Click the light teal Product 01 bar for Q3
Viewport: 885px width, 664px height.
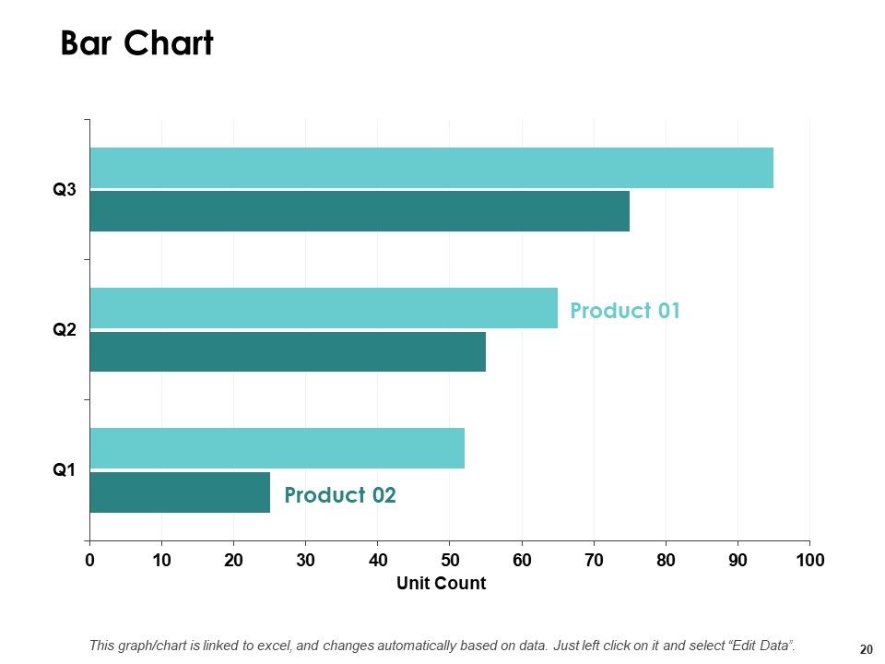[431, 168]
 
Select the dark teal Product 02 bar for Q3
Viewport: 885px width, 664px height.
[360, 211]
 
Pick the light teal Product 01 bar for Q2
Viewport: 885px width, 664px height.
[324, 308]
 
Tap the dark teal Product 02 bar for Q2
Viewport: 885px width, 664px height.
[288, 351]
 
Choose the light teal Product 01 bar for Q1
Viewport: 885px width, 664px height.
[277, 448]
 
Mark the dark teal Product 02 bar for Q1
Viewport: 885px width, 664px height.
[180, 492]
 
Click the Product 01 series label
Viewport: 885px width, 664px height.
[625, 311]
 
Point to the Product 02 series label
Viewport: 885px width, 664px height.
[340, 495]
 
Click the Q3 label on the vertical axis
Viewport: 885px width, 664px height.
[64, 189]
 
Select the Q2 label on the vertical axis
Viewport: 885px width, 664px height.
[64, 329]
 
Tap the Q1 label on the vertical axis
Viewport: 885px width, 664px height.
[64, 469]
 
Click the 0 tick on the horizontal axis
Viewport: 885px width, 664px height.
[89, 560]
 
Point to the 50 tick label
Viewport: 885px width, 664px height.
[450, 560]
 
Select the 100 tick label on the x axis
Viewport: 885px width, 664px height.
[810, 560]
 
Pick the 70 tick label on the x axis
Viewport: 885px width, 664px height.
[594, 560]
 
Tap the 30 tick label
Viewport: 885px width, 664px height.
[305, 560]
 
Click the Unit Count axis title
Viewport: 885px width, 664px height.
[441, 583]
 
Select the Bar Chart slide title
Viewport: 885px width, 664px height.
[137, 43]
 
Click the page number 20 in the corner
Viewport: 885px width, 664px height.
[867, 649]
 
